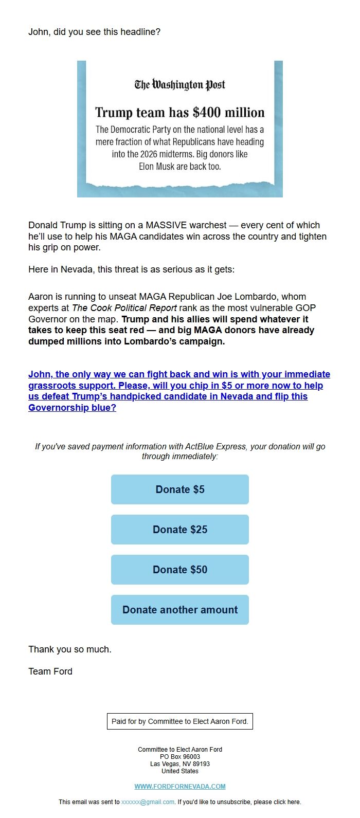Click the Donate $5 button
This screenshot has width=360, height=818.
[180, 489]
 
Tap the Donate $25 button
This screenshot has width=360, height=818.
[180, 530]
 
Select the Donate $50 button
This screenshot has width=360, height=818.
[180, 570]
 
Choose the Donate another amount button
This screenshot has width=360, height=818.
[180, 610]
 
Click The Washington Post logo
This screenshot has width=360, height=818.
[180, 85]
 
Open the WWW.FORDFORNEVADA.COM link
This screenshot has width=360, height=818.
[180, 786]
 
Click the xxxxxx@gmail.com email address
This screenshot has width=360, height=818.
[148, 802]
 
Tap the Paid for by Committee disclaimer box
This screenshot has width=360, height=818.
[180, 721]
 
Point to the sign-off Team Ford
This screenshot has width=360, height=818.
[50, 671]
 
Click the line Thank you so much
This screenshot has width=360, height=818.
[70, 649]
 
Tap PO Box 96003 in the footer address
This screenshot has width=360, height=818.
[180, 757]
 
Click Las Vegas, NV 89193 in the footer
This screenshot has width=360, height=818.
[180, 764]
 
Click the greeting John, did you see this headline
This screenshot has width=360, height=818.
[94, 32]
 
